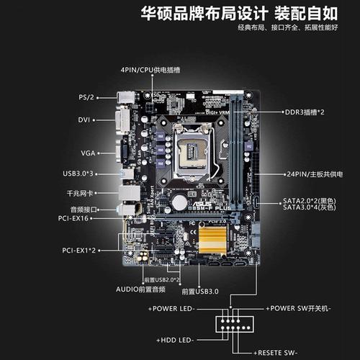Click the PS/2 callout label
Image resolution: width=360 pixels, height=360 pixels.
click(87, 96)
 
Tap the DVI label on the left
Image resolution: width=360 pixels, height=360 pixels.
click(84, 120)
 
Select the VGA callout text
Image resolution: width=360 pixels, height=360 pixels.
click(86, 153)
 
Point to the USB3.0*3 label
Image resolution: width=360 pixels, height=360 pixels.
click(78, 174)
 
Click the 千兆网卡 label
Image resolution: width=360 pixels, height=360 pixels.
click(80, 194)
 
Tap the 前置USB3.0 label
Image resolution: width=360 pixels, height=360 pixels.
click(200, 292)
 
